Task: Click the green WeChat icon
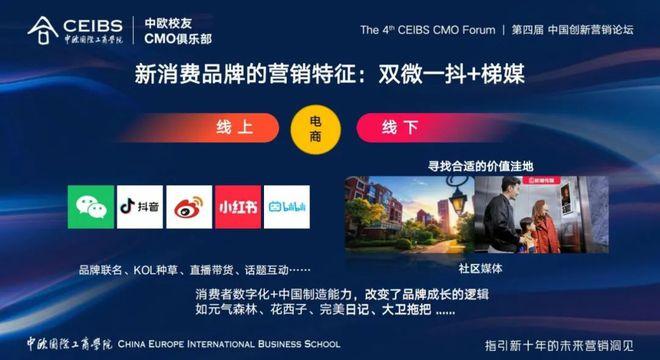[x=91, y=206]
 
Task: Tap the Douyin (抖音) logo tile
[x=140, y=206]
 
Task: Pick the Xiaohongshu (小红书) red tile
[x=238, y=206]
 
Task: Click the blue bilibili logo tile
[x=287, y=206]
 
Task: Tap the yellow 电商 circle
[x=315, y=128]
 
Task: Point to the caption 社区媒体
[x=481, y=268]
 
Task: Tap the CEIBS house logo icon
[x=41, y=30]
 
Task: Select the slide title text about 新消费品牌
[x=330, y=74]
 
